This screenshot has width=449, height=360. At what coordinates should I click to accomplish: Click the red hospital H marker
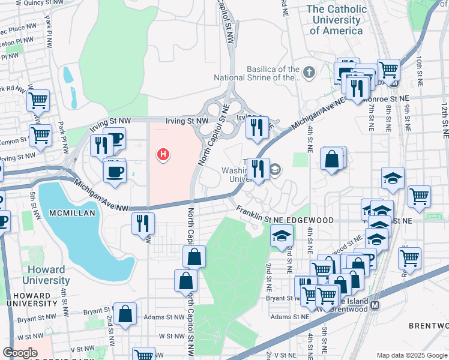pyautogui.click(x=163, y=155)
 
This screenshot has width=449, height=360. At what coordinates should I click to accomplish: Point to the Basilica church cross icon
pyautogui.click(x=309, y=73)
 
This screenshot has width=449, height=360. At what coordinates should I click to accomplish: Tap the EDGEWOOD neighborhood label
pyautogui.click(x=310, y=220)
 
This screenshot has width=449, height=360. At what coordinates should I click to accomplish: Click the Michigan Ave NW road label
pyautogui.click(x=101, y=196)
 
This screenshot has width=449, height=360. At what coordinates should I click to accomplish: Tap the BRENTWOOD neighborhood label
pyautogui.click(x=429, y=325)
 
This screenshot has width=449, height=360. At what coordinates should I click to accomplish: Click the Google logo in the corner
pyautogui.click(x=20, y=353)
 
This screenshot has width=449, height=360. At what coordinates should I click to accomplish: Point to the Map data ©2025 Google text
pyautogui.click(x=412, y=355)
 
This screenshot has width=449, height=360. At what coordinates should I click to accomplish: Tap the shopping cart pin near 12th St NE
pyautogui.click(x=419, y=196)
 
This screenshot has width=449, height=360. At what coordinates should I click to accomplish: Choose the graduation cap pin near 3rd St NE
pyautogui.click(x=281, y=236)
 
